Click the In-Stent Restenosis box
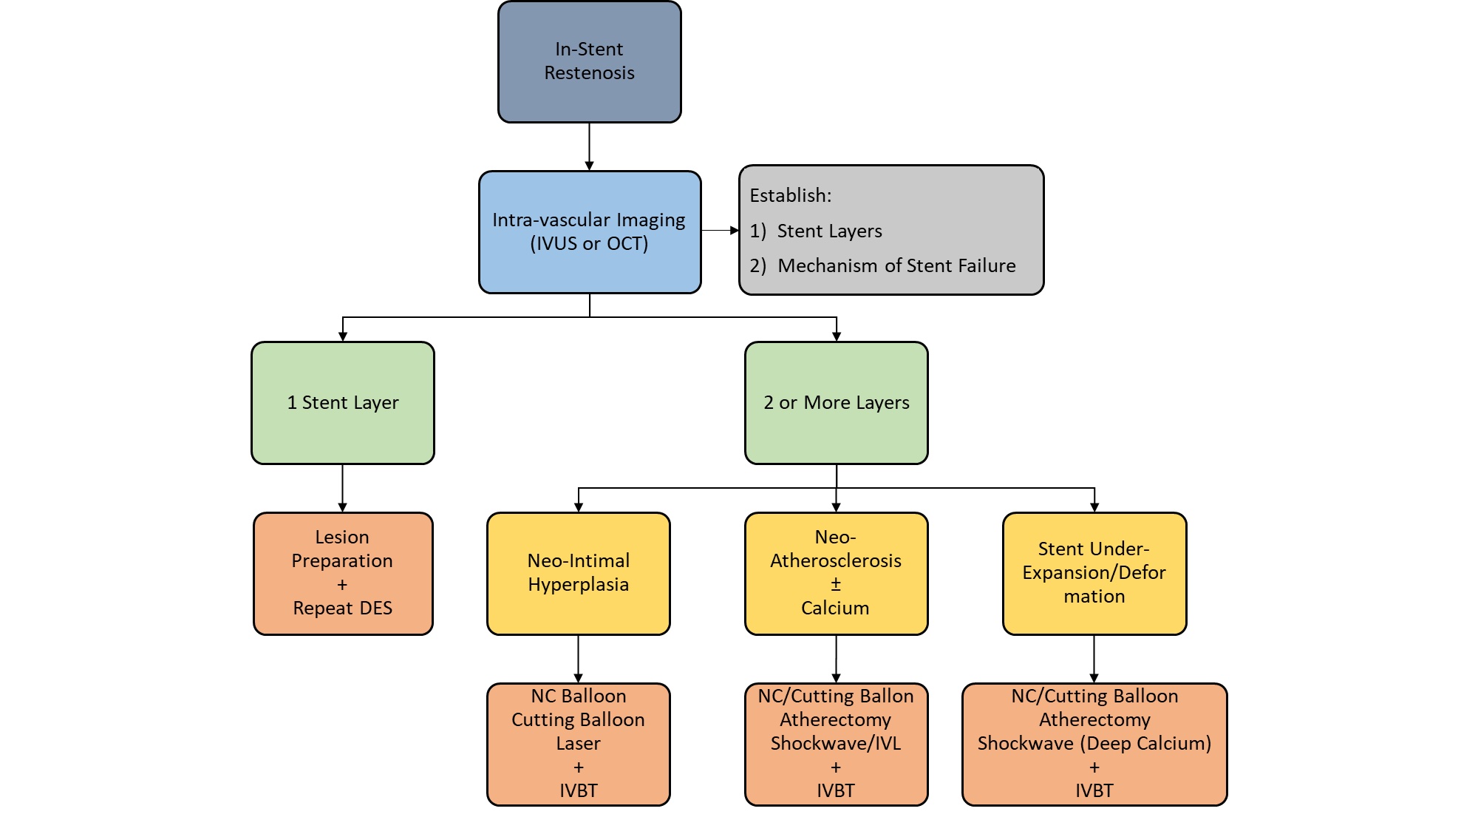point(589,61)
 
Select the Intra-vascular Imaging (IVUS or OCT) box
point(589,231)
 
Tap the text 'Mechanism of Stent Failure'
point(896,265)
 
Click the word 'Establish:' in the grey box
point(790,195)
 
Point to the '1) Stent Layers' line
point(816,231)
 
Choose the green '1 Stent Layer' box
point(342,402)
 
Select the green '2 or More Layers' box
point(836,402)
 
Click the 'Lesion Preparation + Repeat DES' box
point(342,573)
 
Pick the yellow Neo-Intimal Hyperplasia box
point(578,573)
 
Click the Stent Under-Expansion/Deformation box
point(1094,573)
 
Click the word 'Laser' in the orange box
point(578,743)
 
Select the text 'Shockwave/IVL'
point(836,743)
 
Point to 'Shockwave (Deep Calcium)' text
point(1094,743)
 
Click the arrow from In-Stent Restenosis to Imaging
point(589,146)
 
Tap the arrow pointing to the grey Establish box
point(720,231)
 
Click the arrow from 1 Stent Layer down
point(342,488)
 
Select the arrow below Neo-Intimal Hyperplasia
point(578,658)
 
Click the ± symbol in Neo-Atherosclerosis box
point(836,584)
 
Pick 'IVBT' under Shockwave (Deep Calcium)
point(1094,790)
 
